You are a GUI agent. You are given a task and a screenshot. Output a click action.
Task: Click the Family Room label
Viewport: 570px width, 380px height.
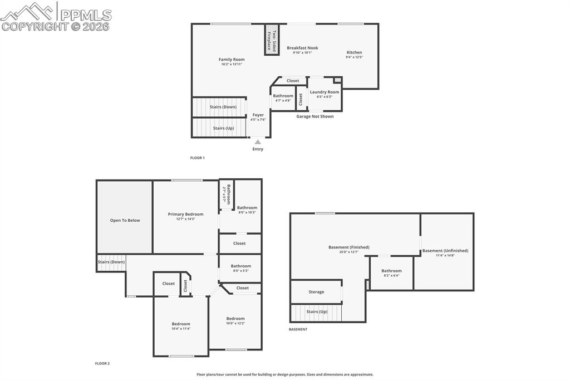click(x=231, y=60)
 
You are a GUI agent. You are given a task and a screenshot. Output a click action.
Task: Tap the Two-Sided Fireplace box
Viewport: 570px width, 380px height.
click(x=271, y=40)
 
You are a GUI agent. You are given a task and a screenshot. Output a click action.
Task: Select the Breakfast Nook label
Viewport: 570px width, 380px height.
click(x=302, y=48)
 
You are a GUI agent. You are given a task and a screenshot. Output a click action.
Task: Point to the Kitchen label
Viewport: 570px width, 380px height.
click(x=354, y=52)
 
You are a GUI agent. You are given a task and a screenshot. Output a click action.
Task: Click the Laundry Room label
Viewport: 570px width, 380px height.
click(x=325, y=92)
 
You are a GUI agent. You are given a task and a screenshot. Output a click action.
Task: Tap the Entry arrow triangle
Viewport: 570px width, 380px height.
click(x=258, y=142)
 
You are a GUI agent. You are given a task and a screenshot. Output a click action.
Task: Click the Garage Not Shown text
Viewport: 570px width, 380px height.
click(x=315, y=116)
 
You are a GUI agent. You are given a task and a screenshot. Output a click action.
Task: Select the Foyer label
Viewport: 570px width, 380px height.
click(x=258, y=115)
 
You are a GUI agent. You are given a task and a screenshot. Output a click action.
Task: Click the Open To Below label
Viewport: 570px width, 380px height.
click(x=125, y=220)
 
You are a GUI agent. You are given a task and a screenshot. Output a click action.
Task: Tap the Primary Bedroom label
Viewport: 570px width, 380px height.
click(x=185, y=214)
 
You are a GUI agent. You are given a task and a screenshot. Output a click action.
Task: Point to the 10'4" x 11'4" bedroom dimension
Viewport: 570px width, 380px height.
click(x=181, y=329)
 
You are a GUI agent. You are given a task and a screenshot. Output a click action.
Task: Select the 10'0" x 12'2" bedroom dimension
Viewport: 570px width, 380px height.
click(x=235, y=323)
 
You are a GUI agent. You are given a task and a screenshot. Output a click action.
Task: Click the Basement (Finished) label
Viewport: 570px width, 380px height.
click(x=349, y=247)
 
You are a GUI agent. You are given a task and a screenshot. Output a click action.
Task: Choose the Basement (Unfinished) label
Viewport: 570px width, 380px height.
click(x=445, y=251)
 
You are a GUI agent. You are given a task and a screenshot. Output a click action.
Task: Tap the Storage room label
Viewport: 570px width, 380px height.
click(x=316, y=292)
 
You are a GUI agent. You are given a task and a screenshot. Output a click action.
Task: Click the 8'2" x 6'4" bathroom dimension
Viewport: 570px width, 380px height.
click(x=391, y=275)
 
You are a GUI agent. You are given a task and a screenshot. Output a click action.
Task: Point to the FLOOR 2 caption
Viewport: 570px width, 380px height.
click(x=102, y=363)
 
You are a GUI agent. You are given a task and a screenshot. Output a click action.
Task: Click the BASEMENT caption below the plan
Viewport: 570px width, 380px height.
click(x=298, y=329)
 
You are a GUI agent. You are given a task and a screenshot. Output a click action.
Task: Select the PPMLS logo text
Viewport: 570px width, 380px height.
click(x=86, y=14)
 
